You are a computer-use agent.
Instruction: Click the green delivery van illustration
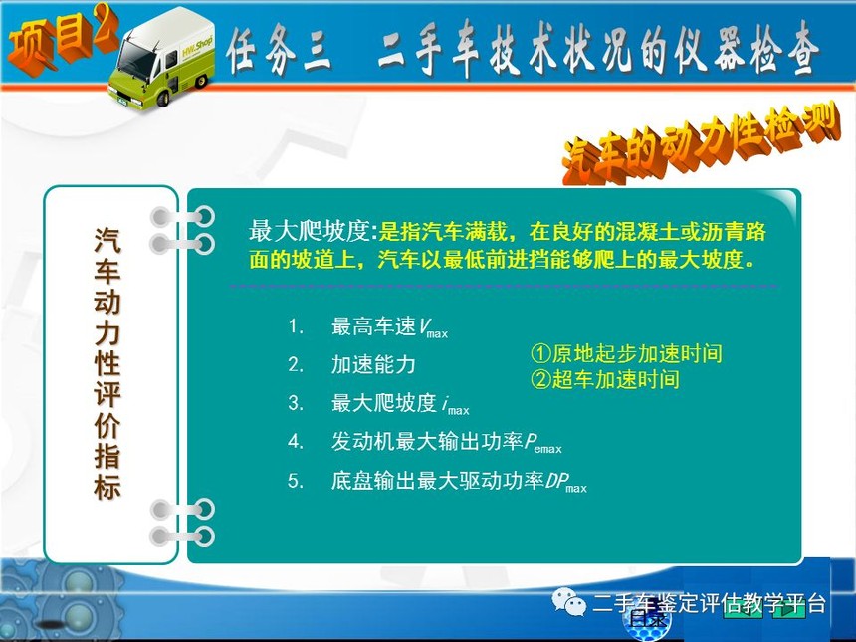click(161, 59)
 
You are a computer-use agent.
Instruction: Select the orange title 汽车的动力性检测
click(700, 143)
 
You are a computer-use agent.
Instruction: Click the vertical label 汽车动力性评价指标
click(107, 363)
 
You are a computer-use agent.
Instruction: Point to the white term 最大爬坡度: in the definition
click(314, 231)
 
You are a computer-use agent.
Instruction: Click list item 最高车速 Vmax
click(389, 327)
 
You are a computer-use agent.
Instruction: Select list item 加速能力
click(373, 364)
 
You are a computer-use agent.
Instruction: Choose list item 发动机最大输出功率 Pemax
click(447, 442)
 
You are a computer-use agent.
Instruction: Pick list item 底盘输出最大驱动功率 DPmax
click(459, 482)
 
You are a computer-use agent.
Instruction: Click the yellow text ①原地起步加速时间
click(627, 353)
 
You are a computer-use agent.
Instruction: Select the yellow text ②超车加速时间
click(605, 379)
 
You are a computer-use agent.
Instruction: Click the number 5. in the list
click(296, 481)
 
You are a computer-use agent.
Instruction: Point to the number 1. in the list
click(296, 327)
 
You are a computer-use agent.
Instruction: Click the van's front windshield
click(135, 60)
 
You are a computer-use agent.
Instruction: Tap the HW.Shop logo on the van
click(196, 47)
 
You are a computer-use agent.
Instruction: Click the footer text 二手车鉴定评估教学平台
click(709, 603)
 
